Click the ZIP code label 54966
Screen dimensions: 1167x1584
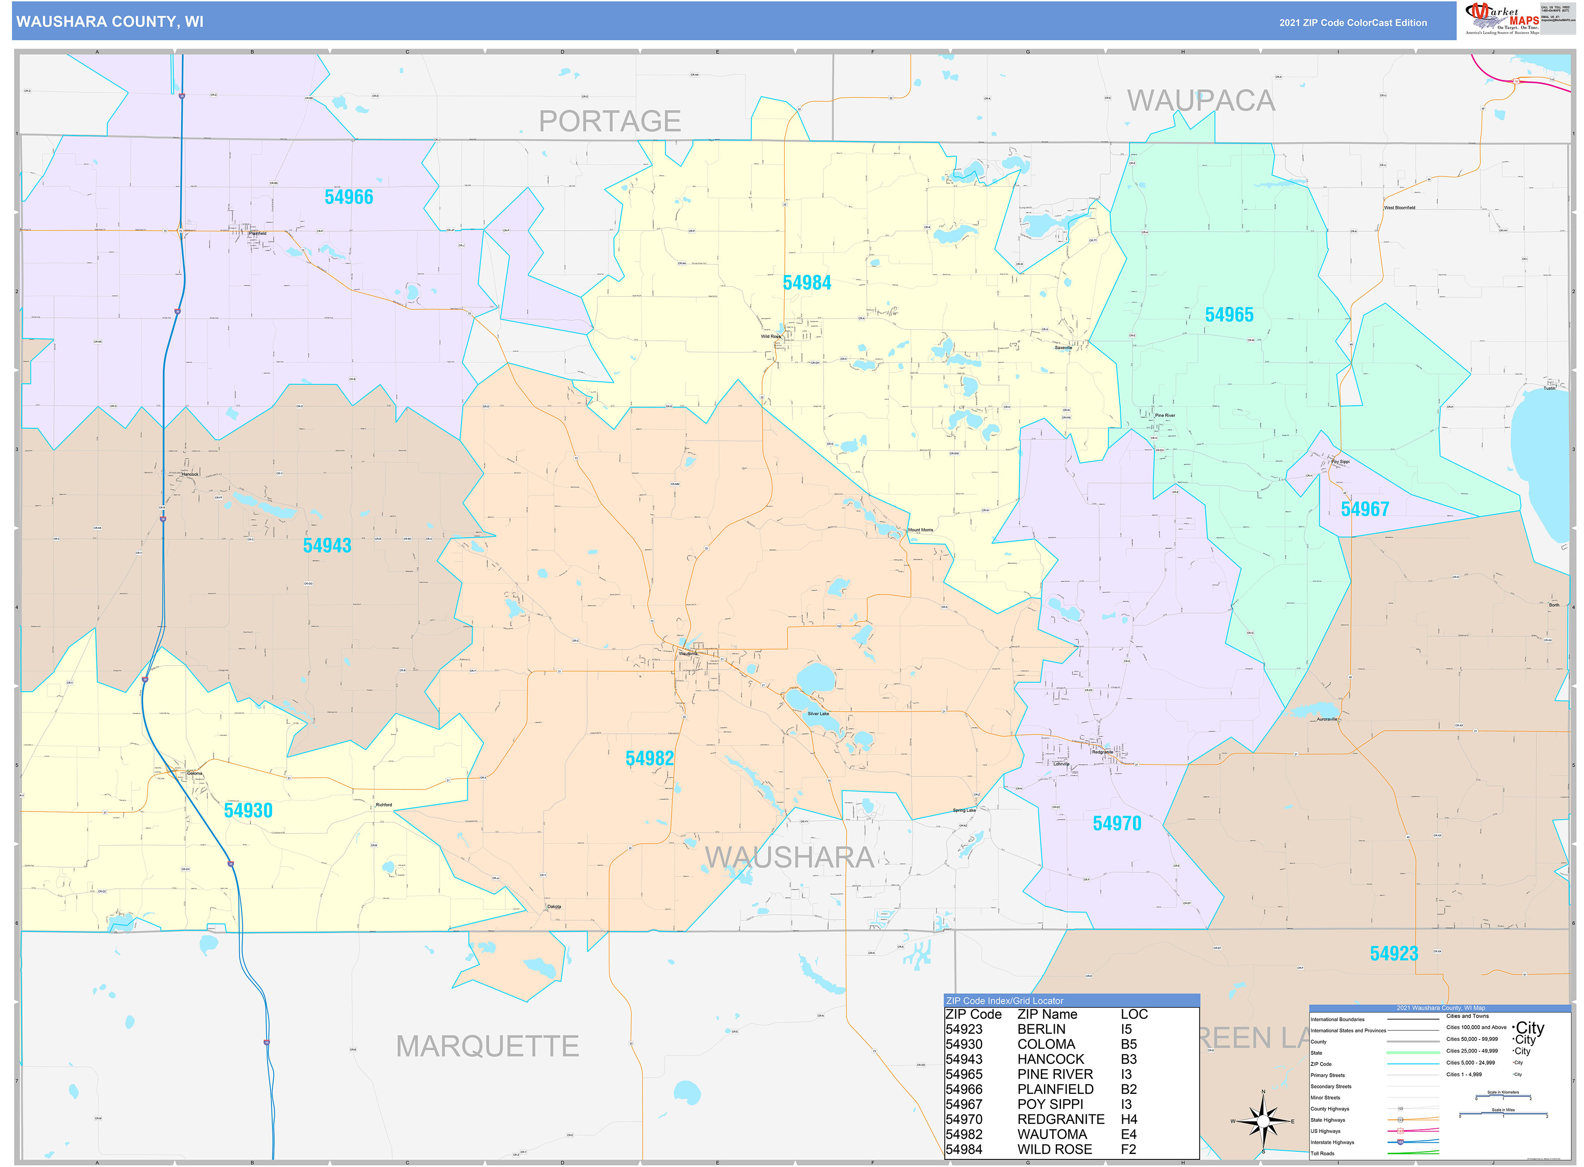click(348, 197)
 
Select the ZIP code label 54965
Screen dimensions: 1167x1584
click(1229, 315)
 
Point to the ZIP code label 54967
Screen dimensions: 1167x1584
click(1364, 509)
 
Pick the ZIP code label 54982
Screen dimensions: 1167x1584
click(649, 759)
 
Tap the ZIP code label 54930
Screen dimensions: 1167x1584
click(248, 810)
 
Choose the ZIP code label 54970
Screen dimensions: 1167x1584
click(1116, 824)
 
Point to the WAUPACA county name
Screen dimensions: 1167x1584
click(1200, 101)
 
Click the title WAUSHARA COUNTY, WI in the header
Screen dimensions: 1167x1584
click(110, 22)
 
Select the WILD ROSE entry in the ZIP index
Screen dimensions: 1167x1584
click(1053, 1149)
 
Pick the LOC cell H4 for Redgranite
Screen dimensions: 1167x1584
click(1128, 1119)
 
